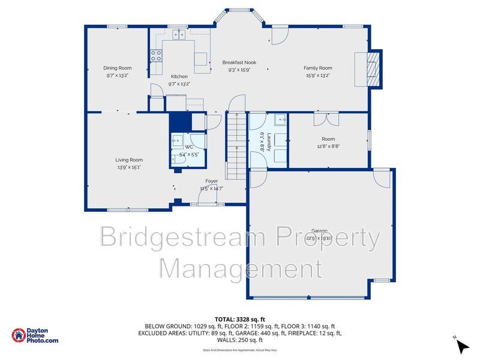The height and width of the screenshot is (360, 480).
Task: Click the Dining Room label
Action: pos(118,68)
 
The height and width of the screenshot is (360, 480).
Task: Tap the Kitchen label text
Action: pos(179,77)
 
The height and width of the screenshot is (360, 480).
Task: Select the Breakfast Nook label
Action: pos(239,62)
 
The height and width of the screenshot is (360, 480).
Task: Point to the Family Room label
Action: pos(317,68)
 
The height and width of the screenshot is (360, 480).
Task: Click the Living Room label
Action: pos(129,160)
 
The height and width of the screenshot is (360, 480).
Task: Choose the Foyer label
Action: pos(211,181)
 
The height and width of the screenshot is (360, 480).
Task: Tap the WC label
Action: pos(189,147)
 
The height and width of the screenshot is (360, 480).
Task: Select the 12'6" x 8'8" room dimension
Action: pos(329,146)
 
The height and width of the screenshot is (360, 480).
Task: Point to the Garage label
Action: pos(319,230)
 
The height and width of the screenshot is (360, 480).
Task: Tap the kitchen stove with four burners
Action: pos(156,56)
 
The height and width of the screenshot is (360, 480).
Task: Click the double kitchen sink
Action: pos(178,35)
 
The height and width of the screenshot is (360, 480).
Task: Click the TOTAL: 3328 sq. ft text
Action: pos(239,319)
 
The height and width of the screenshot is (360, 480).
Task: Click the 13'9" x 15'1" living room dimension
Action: pos(129,167)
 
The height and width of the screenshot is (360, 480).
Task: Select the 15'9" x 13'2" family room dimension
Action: pos(317,76)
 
